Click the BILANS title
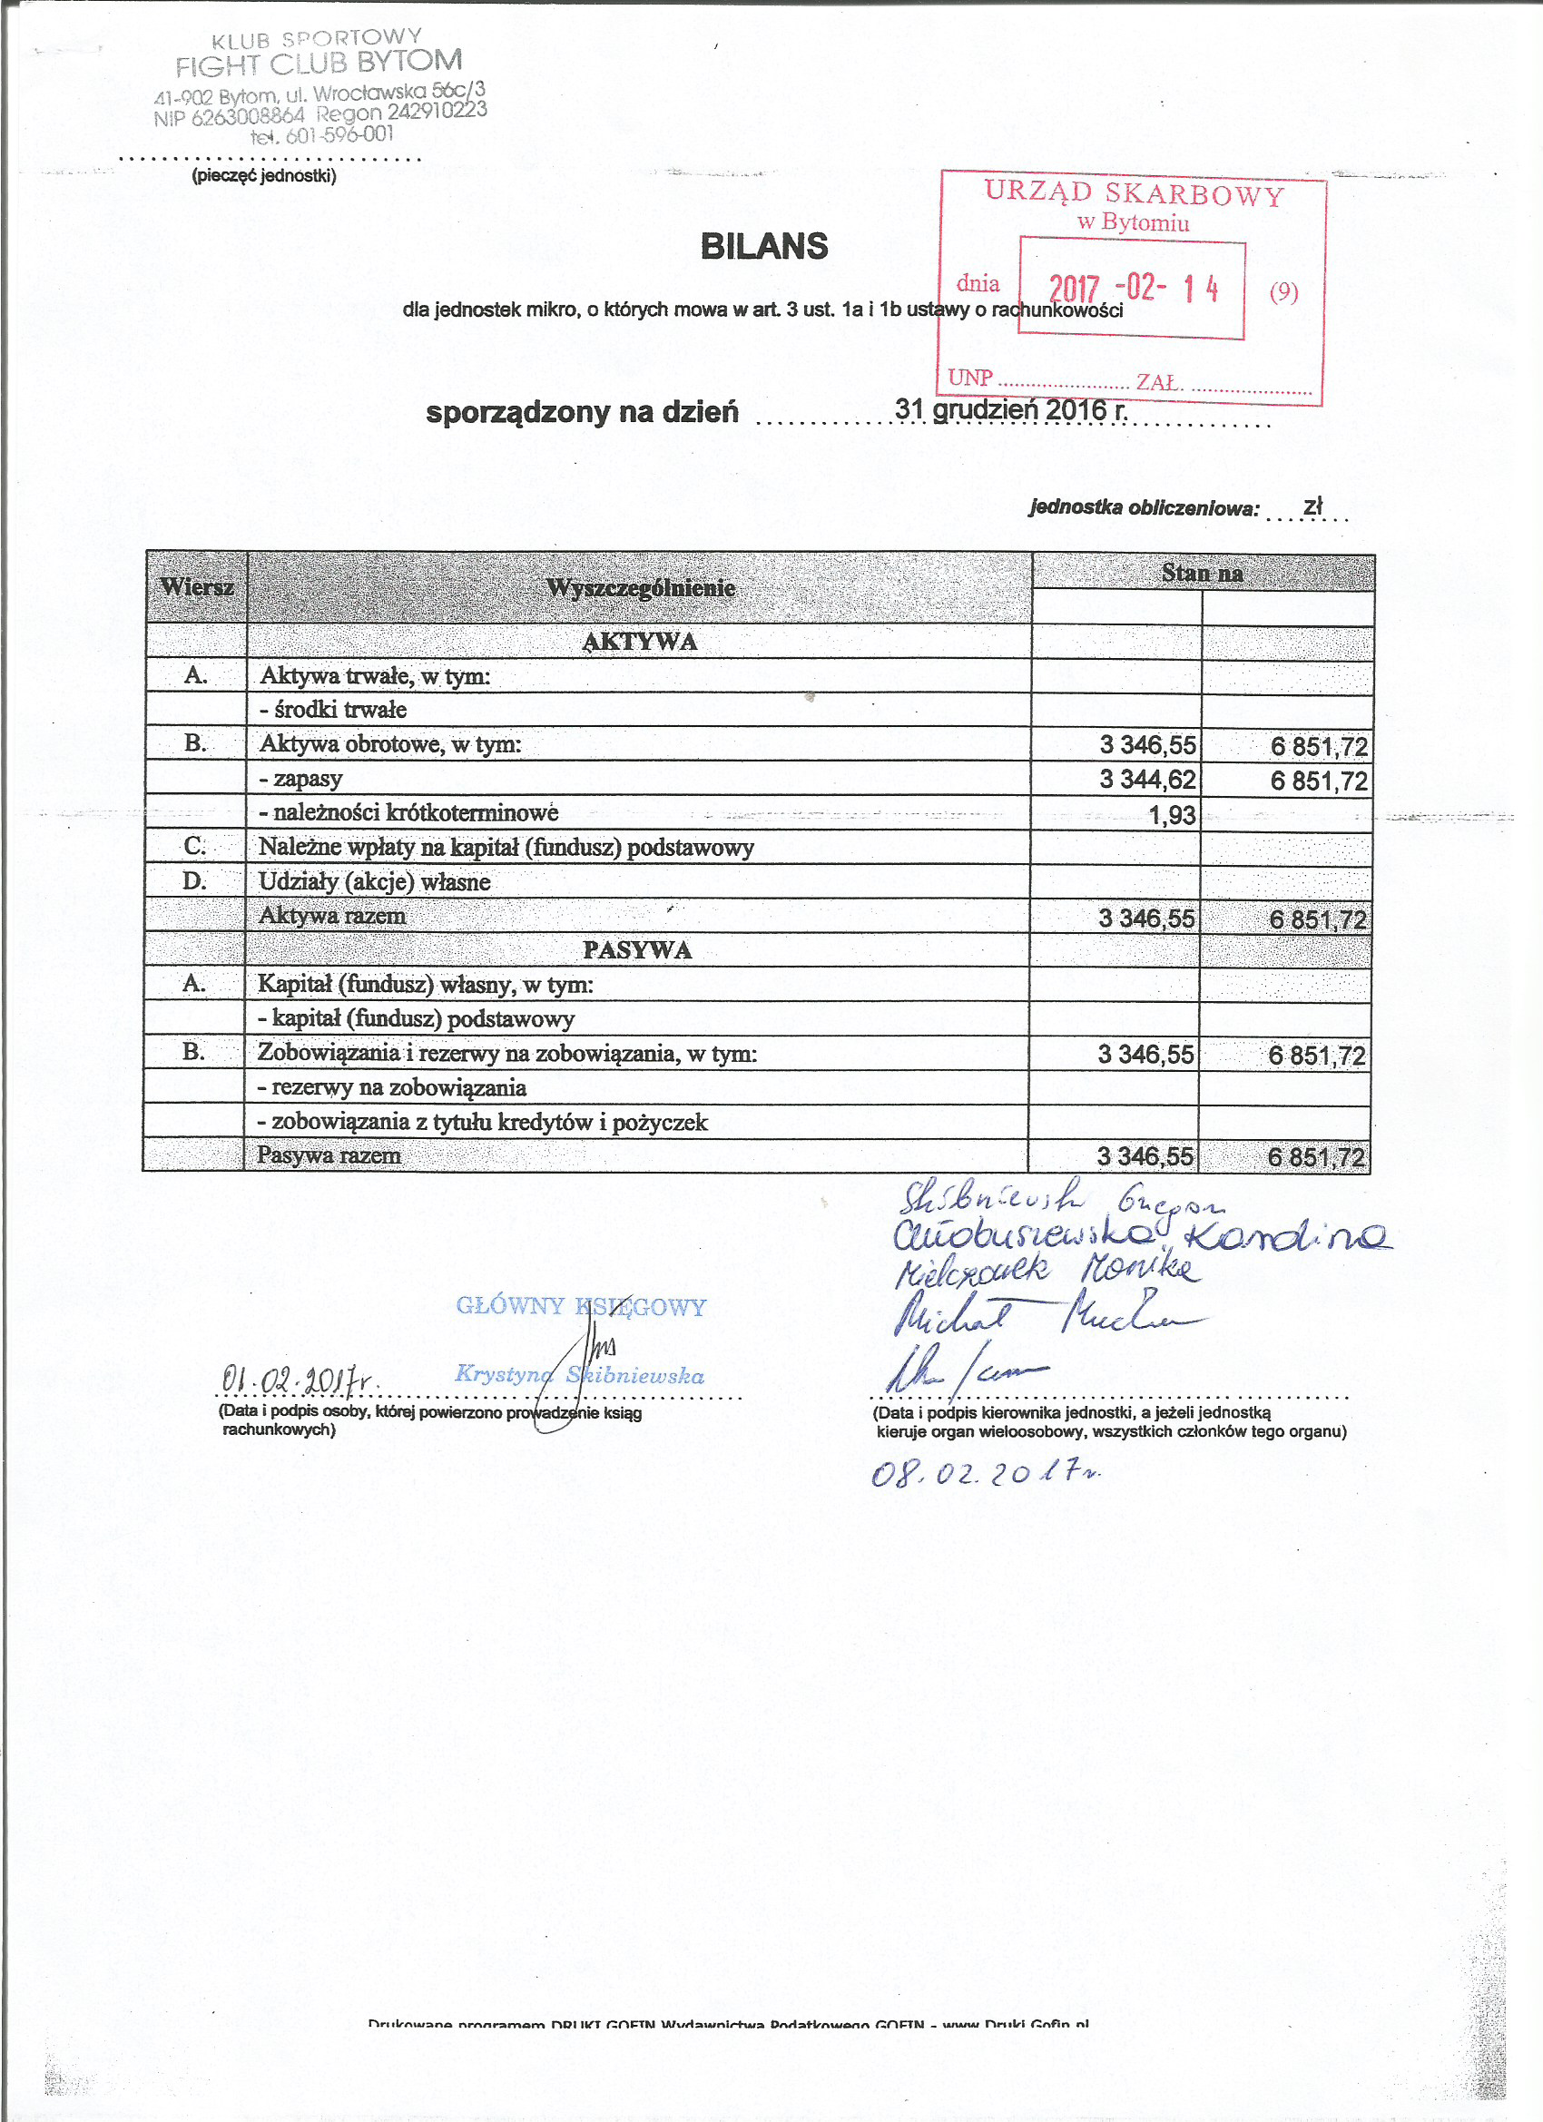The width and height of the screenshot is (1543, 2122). [x=763, y=246]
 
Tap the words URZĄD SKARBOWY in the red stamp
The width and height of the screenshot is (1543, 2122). [x=1134, y=193]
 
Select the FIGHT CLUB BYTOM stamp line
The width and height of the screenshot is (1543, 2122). [x=319, y=64]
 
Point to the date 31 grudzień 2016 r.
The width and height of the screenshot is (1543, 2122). [x=1010, y=410]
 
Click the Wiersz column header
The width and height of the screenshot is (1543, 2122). [x=196, y=587]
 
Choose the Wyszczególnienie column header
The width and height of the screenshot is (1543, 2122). [x=640, y=588]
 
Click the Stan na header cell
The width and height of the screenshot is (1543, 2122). [x=1203, y=573]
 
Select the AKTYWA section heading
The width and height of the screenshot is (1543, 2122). [x=639, y=642]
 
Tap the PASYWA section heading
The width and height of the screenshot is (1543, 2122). [x=637, y=949]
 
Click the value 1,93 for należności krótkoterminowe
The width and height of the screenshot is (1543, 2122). [x=1172, y=815]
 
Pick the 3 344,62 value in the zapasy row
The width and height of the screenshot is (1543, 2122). [x=1147, y=780]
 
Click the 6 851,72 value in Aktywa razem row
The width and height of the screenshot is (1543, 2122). [x=1318, y=919]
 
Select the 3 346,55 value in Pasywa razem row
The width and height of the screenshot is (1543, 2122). [x=1145, y=1156]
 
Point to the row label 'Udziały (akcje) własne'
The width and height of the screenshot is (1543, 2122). [x=374, y=881]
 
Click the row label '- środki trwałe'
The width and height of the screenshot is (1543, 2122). [x=333, y=709]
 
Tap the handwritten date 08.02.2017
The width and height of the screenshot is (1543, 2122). [x=986, y=1475]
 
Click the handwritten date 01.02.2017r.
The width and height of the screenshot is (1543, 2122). [x=297, y=1379]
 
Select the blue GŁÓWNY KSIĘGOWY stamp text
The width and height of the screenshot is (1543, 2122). [x=581, y=1306]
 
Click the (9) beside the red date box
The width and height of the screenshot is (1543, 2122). [x=1283, y=292]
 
